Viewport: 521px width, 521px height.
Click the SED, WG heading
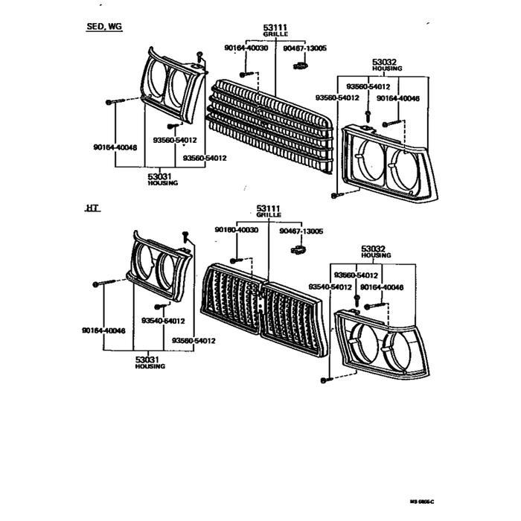[104, 27]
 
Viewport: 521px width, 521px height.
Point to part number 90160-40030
[237, 231]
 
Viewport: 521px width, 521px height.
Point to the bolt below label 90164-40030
[246, 74]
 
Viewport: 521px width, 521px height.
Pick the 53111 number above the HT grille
[268, 208]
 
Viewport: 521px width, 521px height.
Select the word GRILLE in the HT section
[269, 215]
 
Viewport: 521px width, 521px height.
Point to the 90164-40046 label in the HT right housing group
[381, 287]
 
